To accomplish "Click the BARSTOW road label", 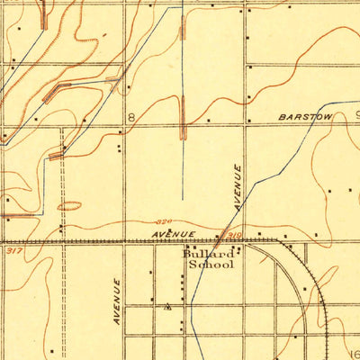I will point(306,117).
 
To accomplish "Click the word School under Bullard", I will point(211,265).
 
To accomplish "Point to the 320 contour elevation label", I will point(162,221).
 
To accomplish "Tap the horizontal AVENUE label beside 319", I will point(173,235).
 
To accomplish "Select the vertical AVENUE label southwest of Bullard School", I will point(117,301).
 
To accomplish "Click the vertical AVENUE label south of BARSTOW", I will point(238,187).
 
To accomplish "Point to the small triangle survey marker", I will point(168,306).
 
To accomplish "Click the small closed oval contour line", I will point(69,206).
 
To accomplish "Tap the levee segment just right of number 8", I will point(184,119).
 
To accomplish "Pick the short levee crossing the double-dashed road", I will point(57,156).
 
